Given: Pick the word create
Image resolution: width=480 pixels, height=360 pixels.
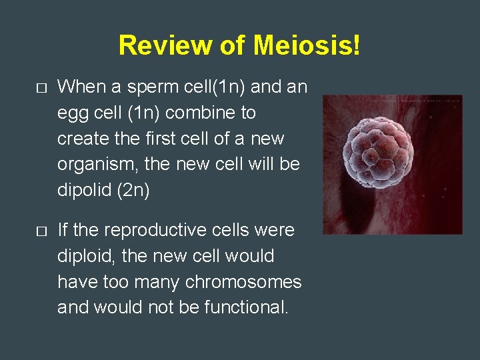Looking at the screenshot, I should (x=78, y=139).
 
